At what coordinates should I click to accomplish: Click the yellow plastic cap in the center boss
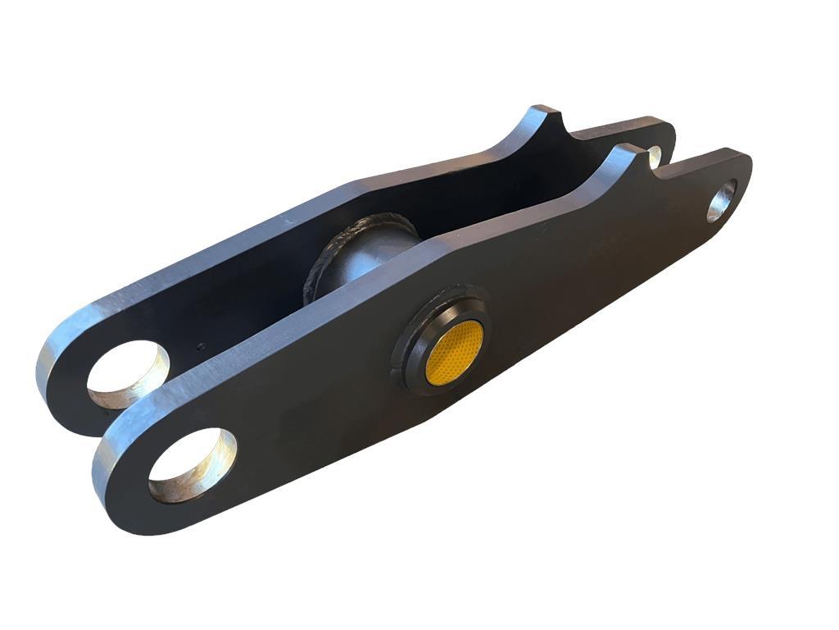click(454, 351)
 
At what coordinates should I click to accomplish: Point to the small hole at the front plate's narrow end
click(722, 199)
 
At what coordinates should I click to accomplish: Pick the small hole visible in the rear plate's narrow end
click(655, 153)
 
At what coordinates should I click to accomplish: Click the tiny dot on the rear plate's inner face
click(199, 348)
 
